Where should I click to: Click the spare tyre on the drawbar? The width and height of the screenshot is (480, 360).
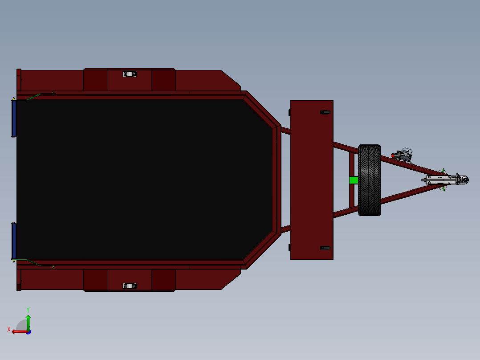[x=369, y=180]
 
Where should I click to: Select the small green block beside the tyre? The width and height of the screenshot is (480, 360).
[x=354, y=180]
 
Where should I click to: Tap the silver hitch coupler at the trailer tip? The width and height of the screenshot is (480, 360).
[x=445, y=180]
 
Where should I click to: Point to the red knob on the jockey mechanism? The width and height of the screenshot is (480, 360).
[x=393, y=155]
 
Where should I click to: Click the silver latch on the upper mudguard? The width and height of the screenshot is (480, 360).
[x=130, y=74]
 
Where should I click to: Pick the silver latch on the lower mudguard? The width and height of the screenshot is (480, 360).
[x=130, y=286]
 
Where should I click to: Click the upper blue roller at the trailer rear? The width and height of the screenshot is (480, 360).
[x=14, y=119]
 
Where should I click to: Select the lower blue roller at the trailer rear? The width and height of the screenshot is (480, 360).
[x=14, y=241]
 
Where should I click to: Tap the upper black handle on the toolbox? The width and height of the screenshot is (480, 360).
[x=325, y=112]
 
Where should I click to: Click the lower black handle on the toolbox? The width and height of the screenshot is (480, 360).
[x=325, y=248]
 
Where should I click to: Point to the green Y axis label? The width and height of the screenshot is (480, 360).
[x=28, y=309]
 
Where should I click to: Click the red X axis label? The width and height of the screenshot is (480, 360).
[x=9, y=329]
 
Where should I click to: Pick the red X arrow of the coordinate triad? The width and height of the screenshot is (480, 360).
[x=18, y=331]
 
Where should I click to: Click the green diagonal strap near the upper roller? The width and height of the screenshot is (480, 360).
[x=33, y=97]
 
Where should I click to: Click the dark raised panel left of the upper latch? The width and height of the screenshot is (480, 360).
[x=95, y=80]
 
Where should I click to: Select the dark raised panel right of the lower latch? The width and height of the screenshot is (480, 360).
[x=163, y=279]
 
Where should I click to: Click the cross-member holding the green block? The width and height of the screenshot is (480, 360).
[x=351, y=165]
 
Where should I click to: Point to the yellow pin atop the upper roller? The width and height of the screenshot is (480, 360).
[x=14, y=98]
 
